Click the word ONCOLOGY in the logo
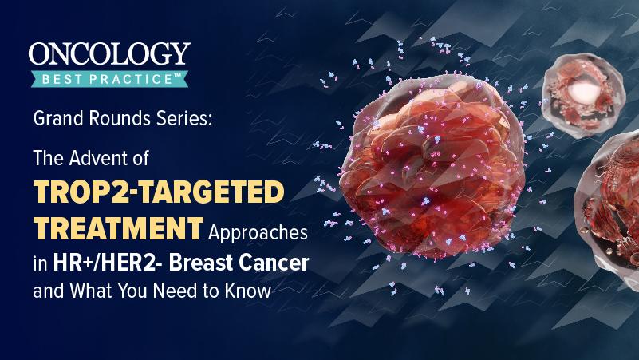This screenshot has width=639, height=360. [x=109, y=55]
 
